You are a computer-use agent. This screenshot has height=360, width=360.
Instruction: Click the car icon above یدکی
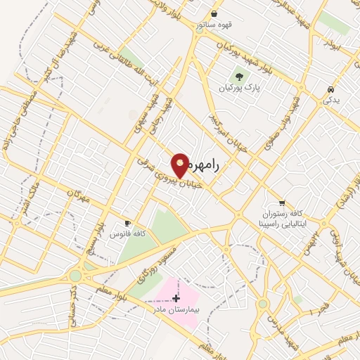click(x=330, y=89)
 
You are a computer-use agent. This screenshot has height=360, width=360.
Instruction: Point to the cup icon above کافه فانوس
click(x=127, y=221)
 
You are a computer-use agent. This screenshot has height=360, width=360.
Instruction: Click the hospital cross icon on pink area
click(x=176, y=298)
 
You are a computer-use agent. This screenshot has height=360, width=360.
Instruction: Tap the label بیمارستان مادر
click(x=169, y=309)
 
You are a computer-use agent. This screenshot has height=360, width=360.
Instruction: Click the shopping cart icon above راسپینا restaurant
click(x=282, y=202)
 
